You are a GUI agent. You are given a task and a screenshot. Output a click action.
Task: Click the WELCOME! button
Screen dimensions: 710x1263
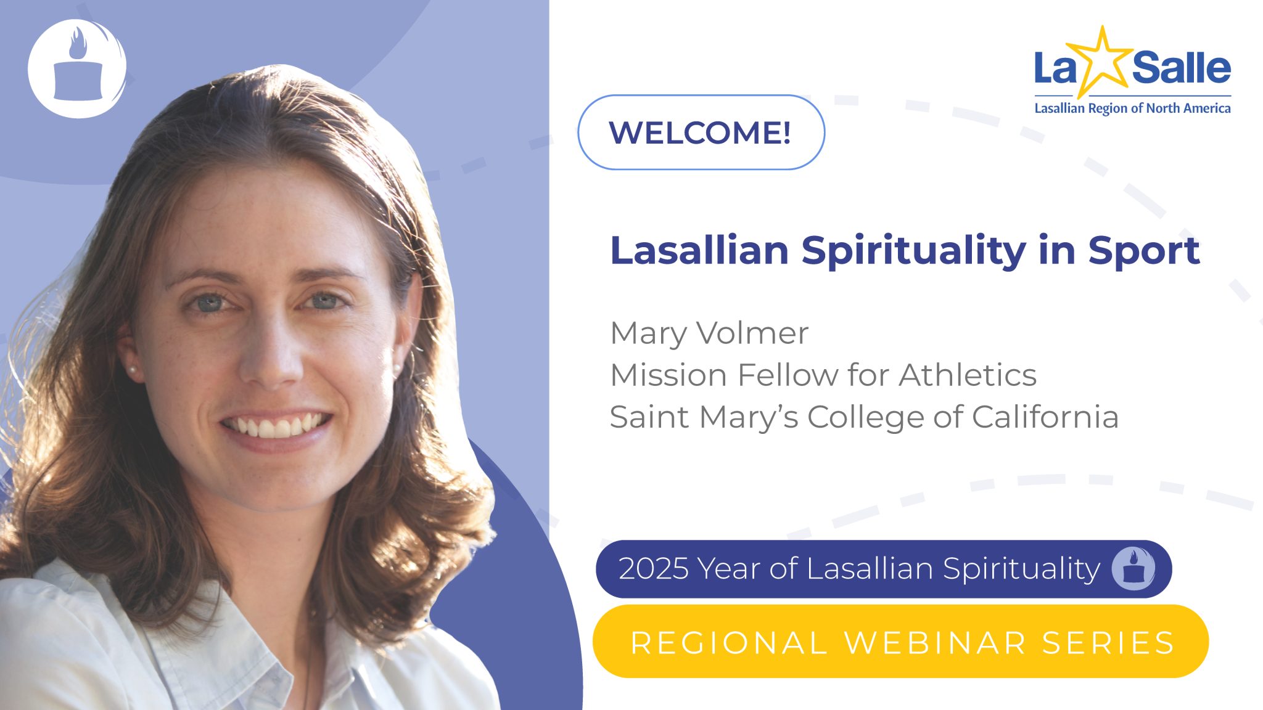701,133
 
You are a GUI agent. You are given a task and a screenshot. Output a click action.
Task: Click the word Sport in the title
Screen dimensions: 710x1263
1143,251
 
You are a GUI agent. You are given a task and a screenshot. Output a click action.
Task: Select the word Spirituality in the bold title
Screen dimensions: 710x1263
913,251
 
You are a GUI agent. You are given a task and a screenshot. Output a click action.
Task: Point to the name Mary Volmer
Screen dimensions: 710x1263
709,333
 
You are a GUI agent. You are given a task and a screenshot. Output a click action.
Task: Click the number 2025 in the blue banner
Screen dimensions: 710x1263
653,568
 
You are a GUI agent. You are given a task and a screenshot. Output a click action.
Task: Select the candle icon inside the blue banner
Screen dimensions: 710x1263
1133,568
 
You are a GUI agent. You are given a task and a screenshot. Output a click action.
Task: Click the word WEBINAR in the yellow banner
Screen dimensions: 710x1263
935,642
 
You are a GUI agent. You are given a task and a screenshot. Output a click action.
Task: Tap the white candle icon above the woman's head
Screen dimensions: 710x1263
77,68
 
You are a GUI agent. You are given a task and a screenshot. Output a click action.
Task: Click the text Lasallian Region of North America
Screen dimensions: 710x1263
1132,108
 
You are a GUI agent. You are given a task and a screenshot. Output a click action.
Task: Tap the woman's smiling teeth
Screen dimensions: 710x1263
276,425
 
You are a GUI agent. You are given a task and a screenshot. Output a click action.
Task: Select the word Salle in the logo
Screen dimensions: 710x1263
1181,68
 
